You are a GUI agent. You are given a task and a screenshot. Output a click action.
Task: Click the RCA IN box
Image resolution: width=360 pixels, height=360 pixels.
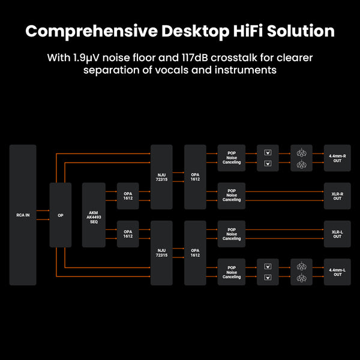tap(23, 215)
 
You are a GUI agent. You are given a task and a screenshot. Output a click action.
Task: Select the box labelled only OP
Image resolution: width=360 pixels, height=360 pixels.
tap(60, 215)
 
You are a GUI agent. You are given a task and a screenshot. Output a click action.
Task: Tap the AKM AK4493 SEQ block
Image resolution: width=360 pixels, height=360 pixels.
tap(93, 215)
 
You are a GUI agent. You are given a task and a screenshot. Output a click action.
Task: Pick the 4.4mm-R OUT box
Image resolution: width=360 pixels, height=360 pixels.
tap(337, 157)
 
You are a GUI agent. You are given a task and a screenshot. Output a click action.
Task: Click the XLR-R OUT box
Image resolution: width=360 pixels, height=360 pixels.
tap(337, 196)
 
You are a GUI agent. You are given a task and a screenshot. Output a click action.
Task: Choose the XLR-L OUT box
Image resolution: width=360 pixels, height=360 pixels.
tap(337, 234)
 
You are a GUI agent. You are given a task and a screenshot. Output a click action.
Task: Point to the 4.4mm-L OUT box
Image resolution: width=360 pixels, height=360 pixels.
tap(337, 272)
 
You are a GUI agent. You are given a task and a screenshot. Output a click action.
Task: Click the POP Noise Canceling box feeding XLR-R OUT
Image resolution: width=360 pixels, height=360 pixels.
tap(232, 196)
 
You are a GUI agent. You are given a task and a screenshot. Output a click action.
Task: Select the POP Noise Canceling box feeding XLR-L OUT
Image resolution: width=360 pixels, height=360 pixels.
tap(232, 234)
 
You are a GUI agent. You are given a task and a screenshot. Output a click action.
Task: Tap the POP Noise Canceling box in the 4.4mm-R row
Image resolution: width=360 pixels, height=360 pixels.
tap(232, 157)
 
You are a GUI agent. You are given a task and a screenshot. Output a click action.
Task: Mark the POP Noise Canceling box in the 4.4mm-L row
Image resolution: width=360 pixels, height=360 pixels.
tap(232, 272)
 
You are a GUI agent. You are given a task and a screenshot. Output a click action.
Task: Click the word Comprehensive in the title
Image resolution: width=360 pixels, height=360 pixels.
tap(89, 31)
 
